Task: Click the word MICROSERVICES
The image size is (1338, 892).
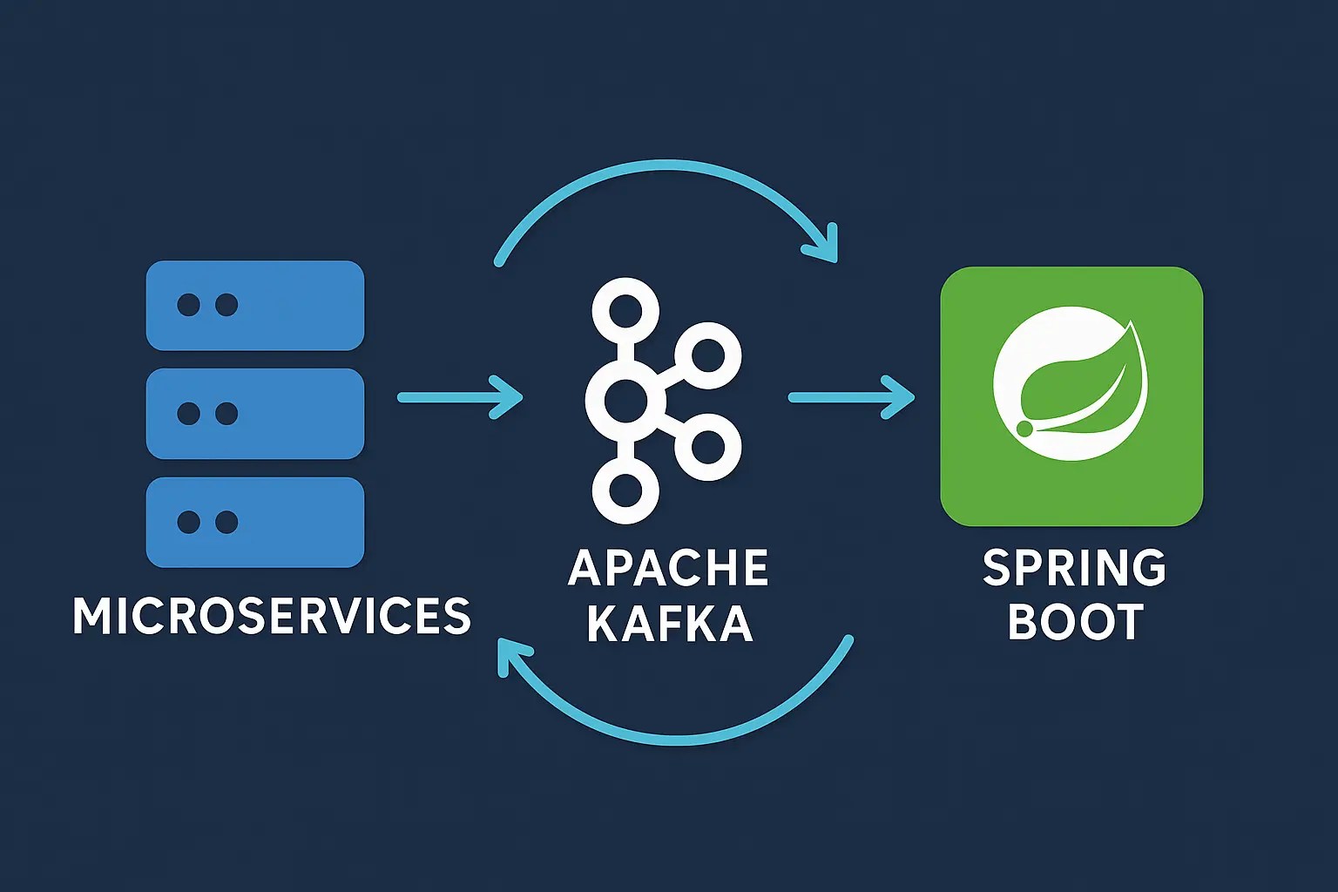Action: tap(272, 616)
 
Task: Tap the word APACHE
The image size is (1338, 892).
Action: tap(668, 568)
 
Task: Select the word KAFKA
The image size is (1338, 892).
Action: tap(669, 623)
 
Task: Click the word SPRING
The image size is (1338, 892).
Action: tap(1074, 568)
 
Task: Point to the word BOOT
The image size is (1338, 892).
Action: tap(1075, 622)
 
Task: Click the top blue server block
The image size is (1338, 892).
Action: tap(255, 306)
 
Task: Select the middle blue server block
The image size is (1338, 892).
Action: tap(255, 414)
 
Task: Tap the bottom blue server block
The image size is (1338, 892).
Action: tap(255, 522)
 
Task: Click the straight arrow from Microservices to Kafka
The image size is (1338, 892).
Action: tap(460, 397)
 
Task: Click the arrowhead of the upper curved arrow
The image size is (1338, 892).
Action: tap(824, 245)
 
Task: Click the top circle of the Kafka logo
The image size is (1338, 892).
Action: tap(625, 311)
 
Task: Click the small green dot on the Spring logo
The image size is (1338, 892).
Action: tap(1024, 429)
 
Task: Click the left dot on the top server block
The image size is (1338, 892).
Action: tap(188, 305)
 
